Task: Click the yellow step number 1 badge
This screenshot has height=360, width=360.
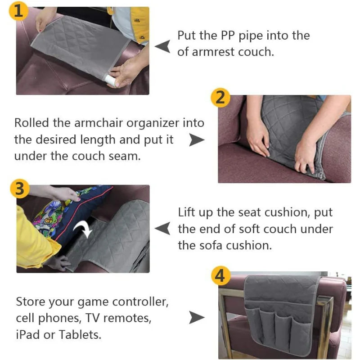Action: (x=18, y=11)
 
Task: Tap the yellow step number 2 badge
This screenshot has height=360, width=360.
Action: (x=220, y=98)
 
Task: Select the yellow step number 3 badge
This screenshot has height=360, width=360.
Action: (x=20, y=189)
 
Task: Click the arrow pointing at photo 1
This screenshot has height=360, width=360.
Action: (x=162, y=46)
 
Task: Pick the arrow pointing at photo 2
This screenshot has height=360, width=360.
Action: (x=197, y=140)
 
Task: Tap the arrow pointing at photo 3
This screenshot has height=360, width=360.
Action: (x=162, y=228)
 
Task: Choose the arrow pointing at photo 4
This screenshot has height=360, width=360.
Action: (x=197, y=318)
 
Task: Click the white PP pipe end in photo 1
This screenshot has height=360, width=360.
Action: (x=110, y=80)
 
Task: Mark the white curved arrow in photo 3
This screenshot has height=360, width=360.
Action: (x=83, y=230)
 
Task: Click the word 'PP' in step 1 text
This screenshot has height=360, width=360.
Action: (x=228, y=36)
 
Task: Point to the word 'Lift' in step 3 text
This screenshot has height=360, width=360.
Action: (x=187, y=212)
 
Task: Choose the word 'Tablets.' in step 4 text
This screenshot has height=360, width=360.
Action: (x=80, y=335)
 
